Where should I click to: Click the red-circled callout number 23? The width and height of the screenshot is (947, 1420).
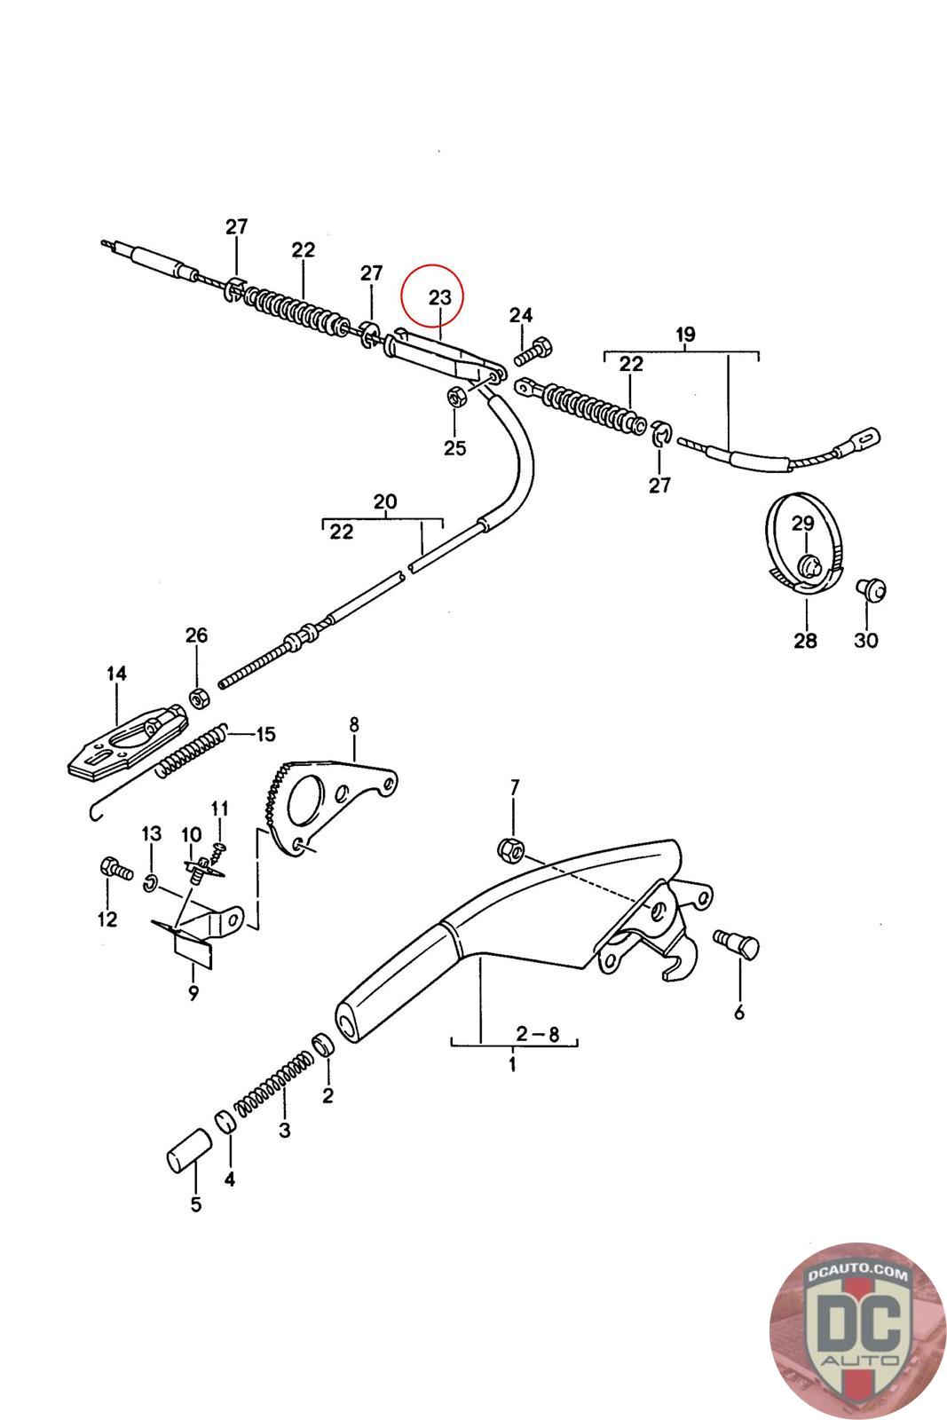click(x=440, y=297)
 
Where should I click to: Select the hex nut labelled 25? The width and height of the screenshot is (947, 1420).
click(x=454, y=397)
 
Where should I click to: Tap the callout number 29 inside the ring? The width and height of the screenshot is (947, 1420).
click(x=802, y=524)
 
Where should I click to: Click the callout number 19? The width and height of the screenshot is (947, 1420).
click(x=684, y=335)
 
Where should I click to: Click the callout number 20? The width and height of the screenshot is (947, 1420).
click(x=384, y=502)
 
